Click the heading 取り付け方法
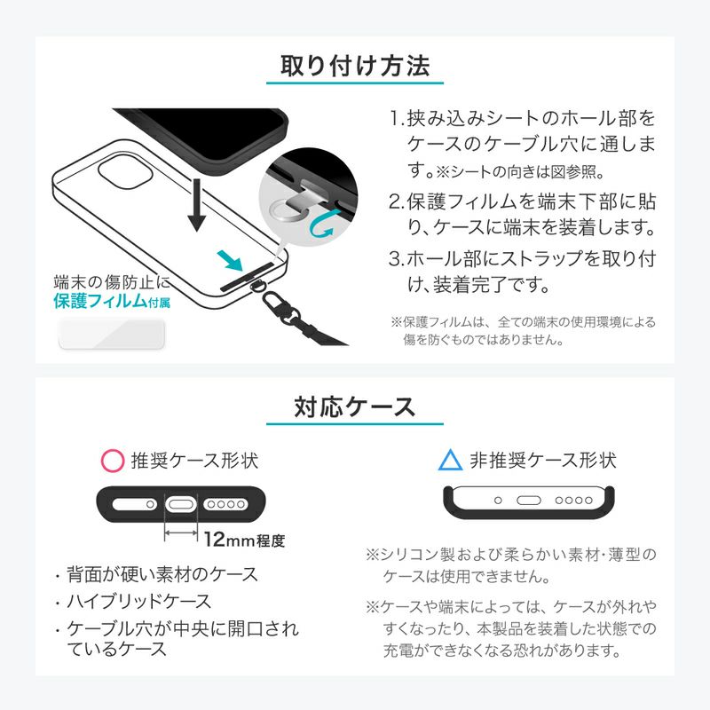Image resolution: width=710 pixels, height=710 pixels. coord(355,66)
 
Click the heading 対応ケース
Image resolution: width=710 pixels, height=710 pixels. coord(354,406)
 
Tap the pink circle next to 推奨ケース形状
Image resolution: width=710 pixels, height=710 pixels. coord(113,461)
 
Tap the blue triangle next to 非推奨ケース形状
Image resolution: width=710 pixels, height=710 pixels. coord(451,460)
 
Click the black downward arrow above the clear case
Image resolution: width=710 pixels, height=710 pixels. coord(196,205)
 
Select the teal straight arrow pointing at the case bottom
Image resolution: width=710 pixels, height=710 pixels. coord(230,260)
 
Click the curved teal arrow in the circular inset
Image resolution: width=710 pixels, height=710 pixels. coord(321,225)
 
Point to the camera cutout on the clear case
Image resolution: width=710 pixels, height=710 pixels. coord(124,171)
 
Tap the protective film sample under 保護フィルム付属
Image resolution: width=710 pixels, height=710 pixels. coord(112,335)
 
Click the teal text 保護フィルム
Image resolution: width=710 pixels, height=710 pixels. coord(100,301)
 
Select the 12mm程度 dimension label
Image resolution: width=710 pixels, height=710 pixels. coord(245,540)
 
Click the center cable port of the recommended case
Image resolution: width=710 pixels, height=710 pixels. coord(181,504)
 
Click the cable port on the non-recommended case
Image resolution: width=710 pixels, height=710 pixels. coord(529,501)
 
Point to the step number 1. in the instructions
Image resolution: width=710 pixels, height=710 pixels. coord(397,119)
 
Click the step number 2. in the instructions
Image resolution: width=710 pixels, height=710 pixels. coord(396,202)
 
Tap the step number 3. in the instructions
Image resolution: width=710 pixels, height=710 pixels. coord(396,259)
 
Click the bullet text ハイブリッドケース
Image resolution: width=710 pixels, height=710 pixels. coord(139,602)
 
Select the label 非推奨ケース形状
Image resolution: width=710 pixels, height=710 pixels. coord(543,461)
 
